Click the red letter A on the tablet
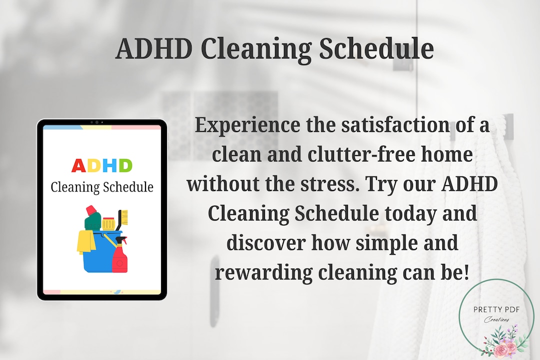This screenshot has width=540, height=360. coord(79,165)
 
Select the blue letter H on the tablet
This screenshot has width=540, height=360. coord(109,165)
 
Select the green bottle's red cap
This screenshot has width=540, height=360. coord(91,210)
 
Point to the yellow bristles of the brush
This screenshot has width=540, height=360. coord(124,216)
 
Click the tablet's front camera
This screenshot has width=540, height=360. coord(96,122)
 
